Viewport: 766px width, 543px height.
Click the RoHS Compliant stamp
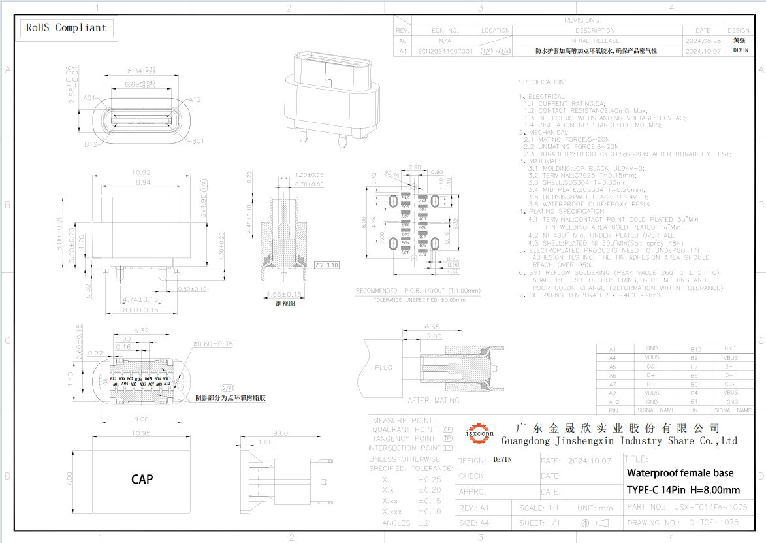65,27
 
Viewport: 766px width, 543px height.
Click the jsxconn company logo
479,432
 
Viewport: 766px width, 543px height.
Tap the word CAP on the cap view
142,479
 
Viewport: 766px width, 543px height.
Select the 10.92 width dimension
141,173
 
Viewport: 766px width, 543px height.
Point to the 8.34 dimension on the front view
140,70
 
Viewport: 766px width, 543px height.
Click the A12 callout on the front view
194,99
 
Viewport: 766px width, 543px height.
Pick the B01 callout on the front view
197,140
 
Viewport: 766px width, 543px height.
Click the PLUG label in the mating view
383,367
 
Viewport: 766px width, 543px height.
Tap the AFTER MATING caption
434,400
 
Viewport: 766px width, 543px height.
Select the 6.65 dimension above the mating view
432,327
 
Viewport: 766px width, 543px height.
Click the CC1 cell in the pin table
651,367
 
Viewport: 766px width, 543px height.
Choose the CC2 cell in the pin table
729,384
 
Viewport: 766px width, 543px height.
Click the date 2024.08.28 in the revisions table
703,41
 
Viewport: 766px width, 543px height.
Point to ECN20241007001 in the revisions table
445,50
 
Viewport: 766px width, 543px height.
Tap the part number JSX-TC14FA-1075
710,507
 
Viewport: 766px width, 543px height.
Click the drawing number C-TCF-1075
713,523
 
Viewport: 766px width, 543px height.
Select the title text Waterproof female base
680,473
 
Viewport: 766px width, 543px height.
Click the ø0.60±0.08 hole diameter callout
213,344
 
